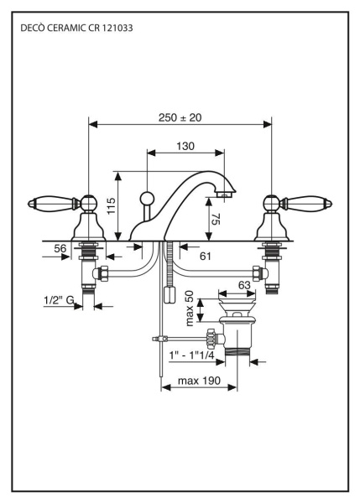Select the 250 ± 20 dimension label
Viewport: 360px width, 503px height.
point(180,118)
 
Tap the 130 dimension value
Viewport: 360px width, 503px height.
point(185,146)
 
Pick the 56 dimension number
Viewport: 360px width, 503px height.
point(60,248)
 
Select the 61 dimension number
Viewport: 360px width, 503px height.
point(205,256)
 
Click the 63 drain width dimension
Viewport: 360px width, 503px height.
point(245,285)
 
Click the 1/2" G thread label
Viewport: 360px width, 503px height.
point(59,298)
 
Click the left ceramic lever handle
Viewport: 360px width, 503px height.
point(49,202)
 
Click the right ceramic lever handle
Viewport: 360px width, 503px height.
point(310,202)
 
